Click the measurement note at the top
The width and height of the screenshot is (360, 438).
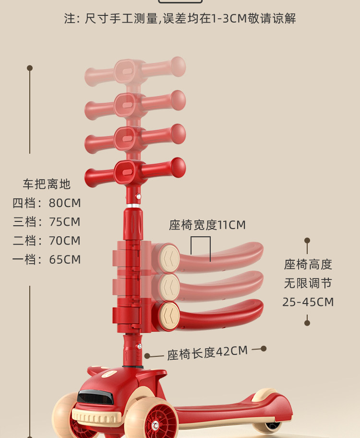click(x=180, y=19)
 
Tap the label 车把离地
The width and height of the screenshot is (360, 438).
click(x=47, y=184)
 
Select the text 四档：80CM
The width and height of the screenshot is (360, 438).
click(x=47, y=203)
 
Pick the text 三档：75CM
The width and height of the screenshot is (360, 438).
click(x=47, y=222)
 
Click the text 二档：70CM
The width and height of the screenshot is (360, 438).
click(x=47, y=241)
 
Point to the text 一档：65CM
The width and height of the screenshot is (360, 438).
click(x=47, y=260)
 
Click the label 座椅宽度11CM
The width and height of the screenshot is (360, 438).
click(x=207, y=225)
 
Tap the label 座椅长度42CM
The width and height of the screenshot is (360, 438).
click(x=207, y=353)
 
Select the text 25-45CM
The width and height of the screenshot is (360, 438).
click(x=308, y=302)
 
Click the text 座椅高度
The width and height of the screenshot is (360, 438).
click(x=308, y=264)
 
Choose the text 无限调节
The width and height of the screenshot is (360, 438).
click(x=308, y=283)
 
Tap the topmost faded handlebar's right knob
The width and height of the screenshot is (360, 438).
click(x=178, y=66)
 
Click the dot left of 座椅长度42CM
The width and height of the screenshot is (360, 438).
click(x=147, y=356)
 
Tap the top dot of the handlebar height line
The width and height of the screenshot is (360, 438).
click(x=30, y=68)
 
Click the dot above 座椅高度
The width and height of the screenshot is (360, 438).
click(x=307, y=240)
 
